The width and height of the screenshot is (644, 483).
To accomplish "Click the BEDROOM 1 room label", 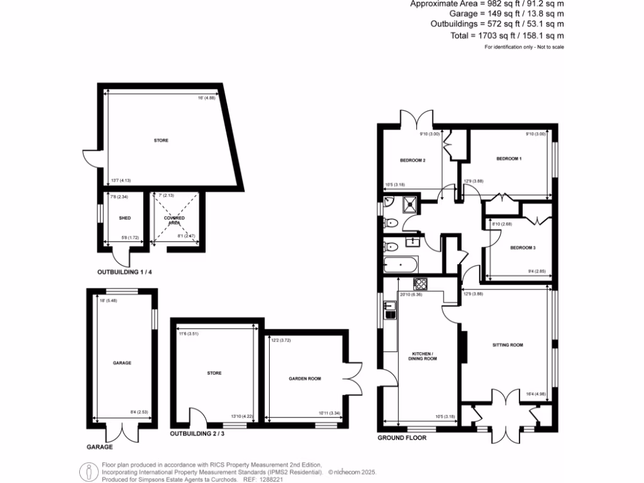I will (x=509, y=158).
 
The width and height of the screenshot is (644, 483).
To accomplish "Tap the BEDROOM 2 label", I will (x=413, y=160).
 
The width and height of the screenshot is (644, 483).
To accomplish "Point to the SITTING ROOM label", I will (x=508, y=345).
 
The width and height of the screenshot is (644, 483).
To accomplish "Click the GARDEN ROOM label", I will (x=305, y=379).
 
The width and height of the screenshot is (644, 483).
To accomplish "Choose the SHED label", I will (x=124, y=218).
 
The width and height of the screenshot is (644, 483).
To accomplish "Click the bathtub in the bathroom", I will (x=399, y=264).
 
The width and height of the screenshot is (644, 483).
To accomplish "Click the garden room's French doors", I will (x=353, y=378).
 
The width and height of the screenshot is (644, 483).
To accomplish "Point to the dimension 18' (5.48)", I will (x=108, y=300).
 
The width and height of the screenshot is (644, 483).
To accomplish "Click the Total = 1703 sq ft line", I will (x=507, y=36).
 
